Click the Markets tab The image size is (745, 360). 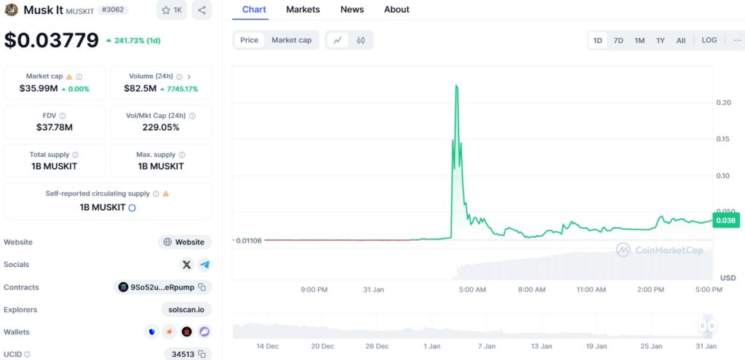[303, 9]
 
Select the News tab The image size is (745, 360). [352, 9]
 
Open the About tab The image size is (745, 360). [397, 9]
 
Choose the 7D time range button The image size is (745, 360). [618, 41]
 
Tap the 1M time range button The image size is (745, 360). [640, 41]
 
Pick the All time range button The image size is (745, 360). [681, 41]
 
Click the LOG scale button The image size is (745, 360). [709, 41]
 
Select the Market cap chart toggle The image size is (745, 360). [291, 40]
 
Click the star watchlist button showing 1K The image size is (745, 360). [172, 10]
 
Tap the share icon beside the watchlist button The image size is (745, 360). [202, 10]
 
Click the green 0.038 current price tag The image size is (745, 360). [725, 220]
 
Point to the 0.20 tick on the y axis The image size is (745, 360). [723, 103]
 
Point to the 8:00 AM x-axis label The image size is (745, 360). [532, 289]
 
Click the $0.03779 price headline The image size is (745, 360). [52, 40]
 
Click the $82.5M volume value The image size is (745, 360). [140, 89]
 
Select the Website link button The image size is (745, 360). [185, 242]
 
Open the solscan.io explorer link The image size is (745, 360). [186, 310]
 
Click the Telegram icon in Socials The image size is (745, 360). [204, 265]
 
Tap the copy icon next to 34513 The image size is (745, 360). [202, 354]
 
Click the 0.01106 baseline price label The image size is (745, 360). [248, 240]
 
